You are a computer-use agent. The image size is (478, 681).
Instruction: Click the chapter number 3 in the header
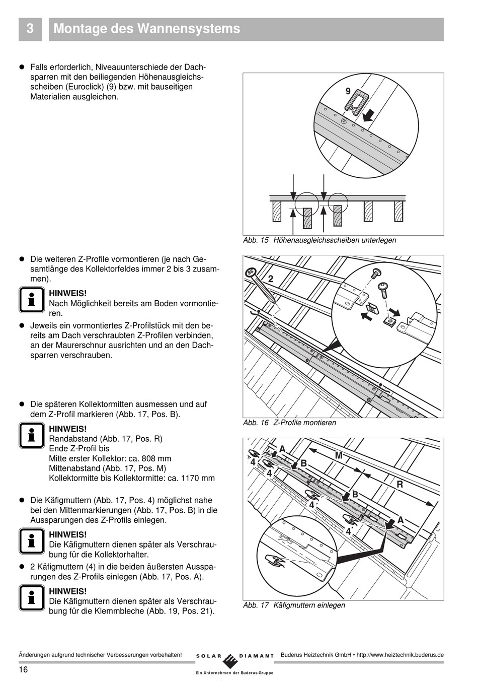tap(30, 29)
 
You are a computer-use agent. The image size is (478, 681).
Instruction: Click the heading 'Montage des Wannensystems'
tap(146, 29)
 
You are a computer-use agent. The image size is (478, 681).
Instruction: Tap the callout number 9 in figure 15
tap(348, 91)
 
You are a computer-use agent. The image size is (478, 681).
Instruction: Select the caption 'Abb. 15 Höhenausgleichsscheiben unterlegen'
tap(319, 240)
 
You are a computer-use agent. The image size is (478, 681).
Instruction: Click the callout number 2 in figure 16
tap(271, 279)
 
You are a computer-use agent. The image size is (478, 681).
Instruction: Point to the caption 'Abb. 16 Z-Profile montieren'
tap(289, 423)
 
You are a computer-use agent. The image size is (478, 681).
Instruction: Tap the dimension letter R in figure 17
tap(400, 484)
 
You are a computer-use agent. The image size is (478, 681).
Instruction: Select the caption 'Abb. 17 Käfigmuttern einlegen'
tap(294, 605)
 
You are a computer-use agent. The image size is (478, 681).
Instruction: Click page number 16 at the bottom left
tap(23, 669)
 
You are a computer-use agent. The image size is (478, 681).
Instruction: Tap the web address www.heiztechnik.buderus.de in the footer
tap(400, 655)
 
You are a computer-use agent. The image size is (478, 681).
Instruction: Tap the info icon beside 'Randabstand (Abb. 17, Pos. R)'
tap(31, 436)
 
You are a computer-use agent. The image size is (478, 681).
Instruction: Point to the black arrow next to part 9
tap(368, 115)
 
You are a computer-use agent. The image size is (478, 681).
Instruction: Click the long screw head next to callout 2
tap(250, 273)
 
